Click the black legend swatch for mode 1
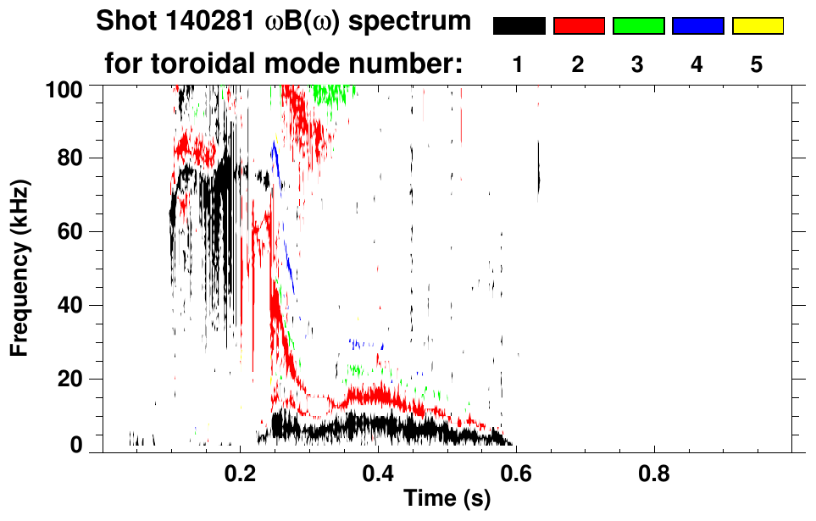[x=519, y=26]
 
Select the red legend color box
[x=579, y=26]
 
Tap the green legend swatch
[x=638, y=26]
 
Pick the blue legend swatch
[x=697, y=26]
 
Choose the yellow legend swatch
[x=757, y=26]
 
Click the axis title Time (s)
[x=447, y=500]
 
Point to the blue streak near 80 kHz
[x=275, y=158]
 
